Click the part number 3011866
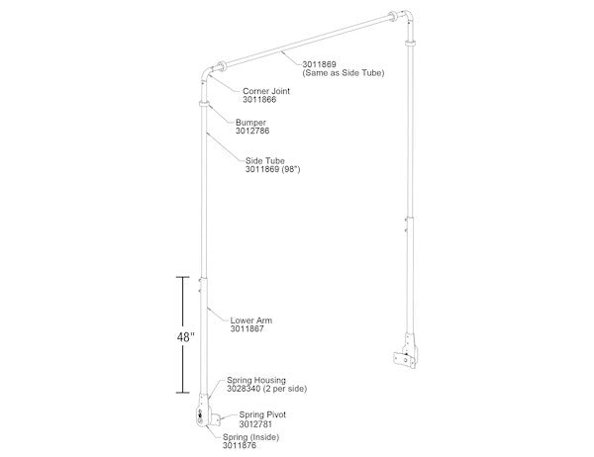coord(258,100)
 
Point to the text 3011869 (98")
coord(272,170)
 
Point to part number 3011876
coord(239,446)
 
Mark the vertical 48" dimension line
coord(179,336)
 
